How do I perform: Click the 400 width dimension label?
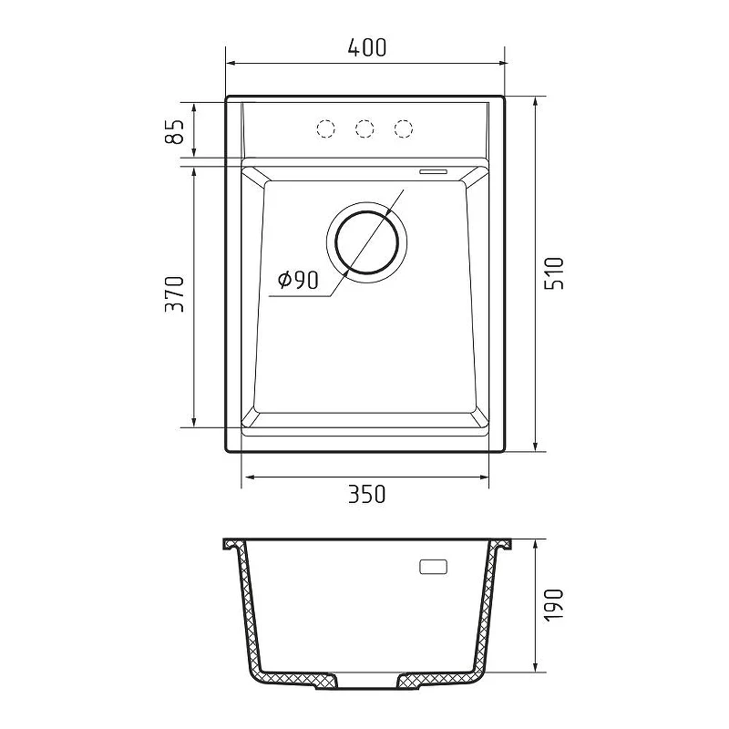click(x=367, y=47)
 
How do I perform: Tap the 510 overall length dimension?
click(x=554, y=274)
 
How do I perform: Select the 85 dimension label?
click(x=175, y=131)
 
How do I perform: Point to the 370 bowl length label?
click(x=175, y=294)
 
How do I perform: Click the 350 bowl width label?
click(x=367, y=494)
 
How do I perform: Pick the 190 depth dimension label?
click(x=554, y=605)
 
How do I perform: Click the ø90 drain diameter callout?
click(x=298, y=280)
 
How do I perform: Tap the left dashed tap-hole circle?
click(x=325, y=128)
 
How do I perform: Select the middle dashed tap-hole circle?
click(x=364, y=128)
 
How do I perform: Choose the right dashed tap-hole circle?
click(x=403, y=128)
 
